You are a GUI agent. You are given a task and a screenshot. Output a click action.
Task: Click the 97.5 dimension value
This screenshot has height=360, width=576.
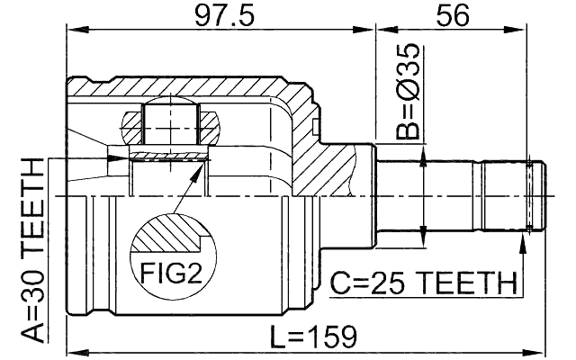coord(218,15)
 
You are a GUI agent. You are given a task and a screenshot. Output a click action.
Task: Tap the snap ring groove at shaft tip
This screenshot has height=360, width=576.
coord(533,195)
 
